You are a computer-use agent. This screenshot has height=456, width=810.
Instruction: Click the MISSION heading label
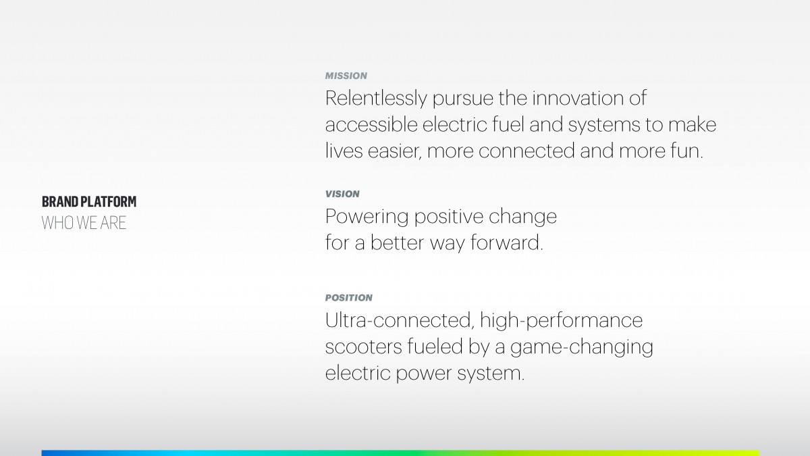[346, 76]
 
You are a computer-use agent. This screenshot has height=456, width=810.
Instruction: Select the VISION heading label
[342, 194]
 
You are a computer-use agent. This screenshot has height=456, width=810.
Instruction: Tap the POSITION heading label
[348, 298]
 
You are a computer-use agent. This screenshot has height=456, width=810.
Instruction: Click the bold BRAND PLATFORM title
[89, 201]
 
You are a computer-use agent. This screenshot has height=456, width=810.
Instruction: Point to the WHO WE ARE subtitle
[84, 223]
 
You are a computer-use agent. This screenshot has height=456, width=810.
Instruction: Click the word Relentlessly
[376, 99]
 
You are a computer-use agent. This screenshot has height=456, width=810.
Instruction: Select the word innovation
[578, 98]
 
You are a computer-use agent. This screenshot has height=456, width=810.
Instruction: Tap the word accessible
[371, 124]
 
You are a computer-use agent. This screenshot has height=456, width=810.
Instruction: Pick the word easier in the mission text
[394, 151]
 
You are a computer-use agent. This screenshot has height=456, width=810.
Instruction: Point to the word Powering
[367, 217]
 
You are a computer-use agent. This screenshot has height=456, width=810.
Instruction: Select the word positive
[449, 217]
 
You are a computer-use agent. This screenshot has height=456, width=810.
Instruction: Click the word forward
[507, 243]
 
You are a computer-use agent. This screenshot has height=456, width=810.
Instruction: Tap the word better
[397, 243]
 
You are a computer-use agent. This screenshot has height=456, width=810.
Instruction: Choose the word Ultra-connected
[400, 321]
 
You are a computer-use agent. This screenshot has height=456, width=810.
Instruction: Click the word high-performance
[562, 321]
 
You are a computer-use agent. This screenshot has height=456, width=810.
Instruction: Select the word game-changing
[582, 347]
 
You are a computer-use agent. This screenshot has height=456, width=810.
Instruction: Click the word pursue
[463, 99]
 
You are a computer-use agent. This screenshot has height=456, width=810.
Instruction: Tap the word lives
[344, 151]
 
